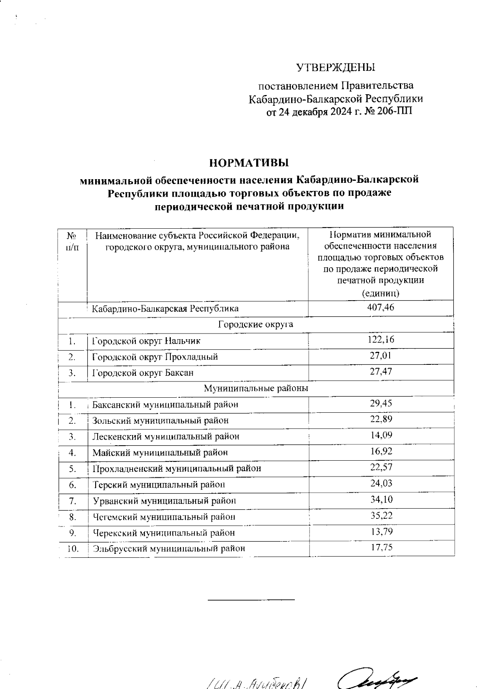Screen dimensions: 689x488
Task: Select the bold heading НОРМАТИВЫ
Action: click(x=248, y=163)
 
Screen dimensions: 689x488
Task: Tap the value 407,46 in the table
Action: click(x=381, y=308)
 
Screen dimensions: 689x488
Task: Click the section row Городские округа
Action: click(x=256, y=324)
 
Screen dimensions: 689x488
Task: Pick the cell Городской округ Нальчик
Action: click(x=146, y=340)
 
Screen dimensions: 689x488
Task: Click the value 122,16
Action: click(x=381, y=340)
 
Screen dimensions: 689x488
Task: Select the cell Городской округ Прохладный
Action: click(x=155, y=357)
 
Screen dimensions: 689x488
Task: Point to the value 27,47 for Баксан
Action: click(x=381, y=372)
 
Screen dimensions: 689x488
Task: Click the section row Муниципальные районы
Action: click(x=256, y=388)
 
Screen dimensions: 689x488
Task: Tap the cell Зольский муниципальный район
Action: click(x=160, y=420)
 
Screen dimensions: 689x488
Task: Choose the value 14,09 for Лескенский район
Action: click(x=381, y=435)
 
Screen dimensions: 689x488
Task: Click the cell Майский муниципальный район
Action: click(x=160, y=452)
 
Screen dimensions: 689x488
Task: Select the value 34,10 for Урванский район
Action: click(x=381, y=500)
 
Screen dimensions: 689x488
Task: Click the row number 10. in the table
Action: click(x=73, y=548)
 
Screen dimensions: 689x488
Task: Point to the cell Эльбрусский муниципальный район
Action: click(x=169, y=548)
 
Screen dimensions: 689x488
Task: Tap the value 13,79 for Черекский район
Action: click(x=381, y=531)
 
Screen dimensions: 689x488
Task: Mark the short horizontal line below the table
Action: click(x=251, y=599)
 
